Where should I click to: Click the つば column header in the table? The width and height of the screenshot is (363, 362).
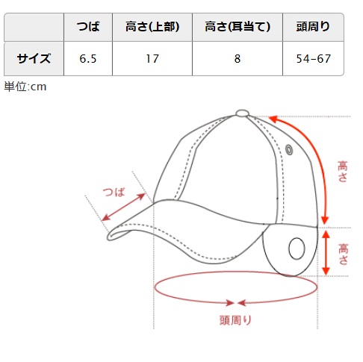click(x=88, y=27)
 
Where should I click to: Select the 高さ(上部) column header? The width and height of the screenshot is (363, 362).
click(x=152, y=27)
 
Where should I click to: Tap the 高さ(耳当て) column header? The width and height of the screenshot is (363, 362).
click(x=238, y=27)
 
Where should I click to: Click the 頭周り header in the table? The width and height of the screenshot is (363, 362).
click(x=313, y=27)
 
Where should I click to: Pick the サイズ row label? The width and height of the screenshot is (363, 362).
click(x=34, y=58)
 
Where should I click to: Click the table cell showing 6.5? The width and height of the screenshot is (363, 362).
click(x=88, y=59)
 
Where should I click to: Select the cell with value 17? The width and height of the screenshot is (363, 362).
click(x=152, y=59)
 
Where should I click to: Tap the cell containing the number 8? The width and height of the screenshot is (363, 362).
click(x=238, y=59)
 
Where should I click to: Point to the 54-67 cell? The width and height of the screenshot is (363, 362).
click(x=313, y=59)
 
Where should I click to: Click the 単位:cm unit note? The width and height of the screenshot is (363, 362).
click(x=25, y=87)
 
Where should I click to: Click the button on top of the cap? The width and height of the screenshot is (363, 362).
click(x=242, y=113)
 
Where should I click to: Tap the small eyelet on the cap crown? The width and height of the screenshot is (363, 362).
click(x=289, y=149)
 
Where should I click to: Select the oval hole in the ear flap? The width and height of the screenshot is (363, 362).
click(x=297, y=249)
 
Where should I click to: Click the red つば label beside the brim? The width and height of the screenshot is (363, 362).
click(x=114, y=192)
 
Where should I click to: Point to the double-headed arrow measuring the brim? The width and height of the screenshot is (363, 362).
click(x=123, y=207)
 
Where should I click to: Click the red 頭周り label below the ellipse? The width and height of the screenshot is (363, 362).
click(x=235, y=320)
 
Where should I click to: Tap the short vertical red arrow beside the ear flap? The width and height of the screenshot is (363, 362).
click(x=326, y=252)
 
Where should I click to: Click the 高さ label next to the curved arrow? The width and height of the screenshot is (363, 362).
click(x=343, y=172)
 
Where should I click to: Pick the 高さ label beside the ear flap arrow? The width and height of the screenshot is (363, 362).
click(x=343, y=254)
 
